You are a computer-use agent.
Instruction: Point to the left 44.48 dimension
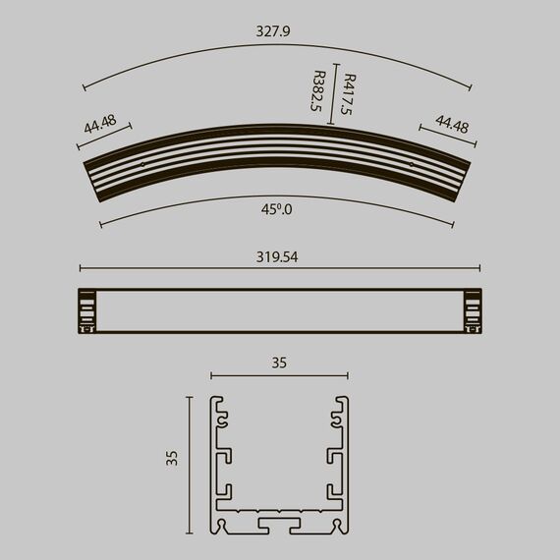(x=99, y=126)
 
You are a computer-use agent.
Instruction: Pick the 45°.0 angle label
(x=278, y=209)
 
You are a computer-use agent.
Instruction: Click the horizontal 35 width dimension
(x=279, y=363)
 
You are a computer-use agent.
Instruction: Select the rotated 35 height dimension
(x=172, y=457)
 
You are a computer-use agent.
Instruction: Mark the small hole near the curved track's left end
(x=143, y=164)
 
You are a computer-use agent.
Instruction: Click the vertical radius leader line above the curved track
(x=334, y=96)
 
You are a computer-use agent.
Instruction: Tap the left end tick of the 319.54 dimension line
(x=80, y=267)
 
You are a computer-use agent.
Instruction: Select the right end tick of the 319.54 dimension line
(x=480, y=267)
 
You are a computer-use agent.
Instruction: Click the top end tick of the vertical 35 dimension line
(x=189, y=398)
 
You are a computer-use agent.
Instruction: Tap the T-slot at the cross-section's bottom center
(x=279, y=524)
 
